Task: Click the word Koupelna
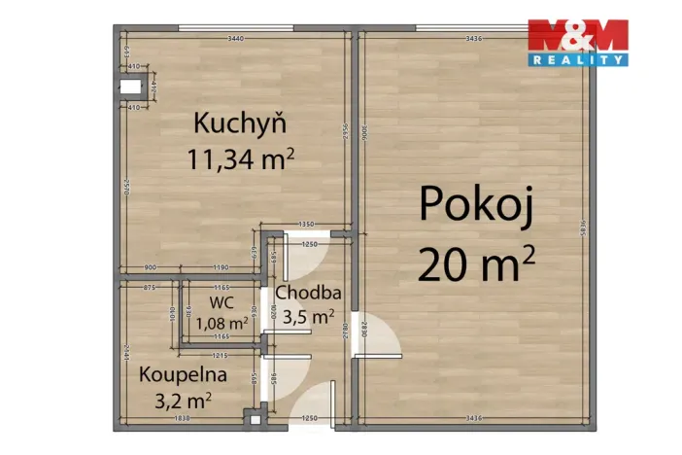183,374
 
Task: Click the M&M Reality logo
578,42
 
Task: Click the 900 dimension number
151,267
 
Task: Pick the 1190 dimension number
222,267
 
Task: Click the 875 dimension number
150,288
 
